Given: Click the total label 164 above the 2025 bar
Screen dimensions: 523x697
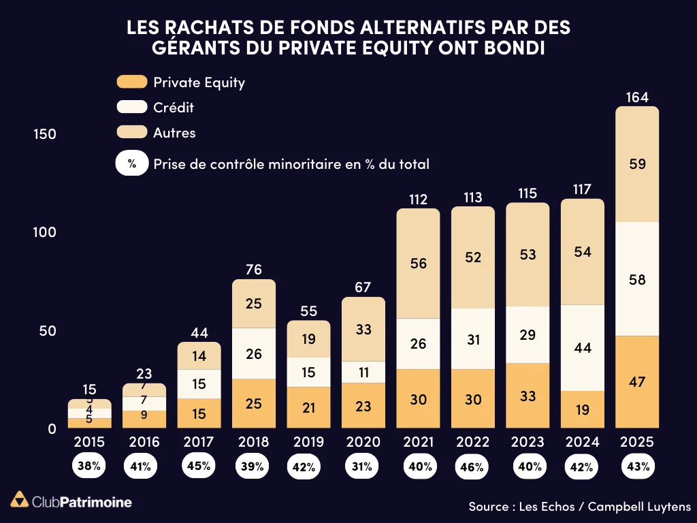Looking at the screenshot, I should click(637, 97).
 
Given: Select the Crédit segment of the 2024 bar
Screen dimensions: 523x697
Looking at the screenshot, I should click(583, 347).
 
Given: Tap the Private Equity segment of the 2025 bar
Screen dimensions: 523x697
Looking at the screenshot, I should click(637, 381).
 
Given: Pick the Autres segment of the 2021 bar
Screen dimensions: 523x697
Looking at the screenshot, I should click(418, 263).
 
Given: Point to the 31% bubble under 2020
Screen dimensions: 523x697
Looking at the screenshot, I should click(362, 466).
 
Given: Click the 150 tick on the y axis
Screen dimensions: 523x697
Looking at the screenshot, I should click(45, 134).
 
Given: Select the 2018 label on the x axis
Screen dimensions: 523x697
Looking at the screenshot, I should click(253, 442).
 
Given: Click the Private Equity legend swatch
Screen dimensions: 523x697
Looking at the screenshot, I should click(132, 82).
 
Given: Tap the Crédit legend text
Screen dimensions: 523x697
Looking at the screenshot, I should click(174, 108).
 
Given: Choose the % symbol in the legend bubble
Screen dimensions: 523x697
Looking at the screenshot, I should click(132, 164).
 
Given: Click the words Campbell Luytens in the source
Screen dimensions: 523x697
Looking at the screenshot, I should click(639, 507).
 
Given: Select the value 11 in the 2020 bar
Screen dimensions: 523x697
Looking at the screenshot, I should click(363, 372).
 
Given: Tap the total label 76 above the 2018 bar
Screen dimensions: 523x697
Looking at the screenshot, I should click(253, 270).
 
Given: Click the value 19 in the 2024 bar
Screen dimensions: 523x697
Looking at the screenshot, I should click(583, 409).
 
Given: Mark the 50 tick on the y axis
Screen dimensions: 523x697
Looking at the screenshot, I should click(45, 331).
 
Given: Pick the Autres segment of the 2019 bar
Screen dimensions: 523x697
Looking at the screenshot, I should click(308, 339).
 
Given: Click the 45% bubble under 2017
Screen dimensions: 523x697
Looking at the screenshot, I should click(199, 466).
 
